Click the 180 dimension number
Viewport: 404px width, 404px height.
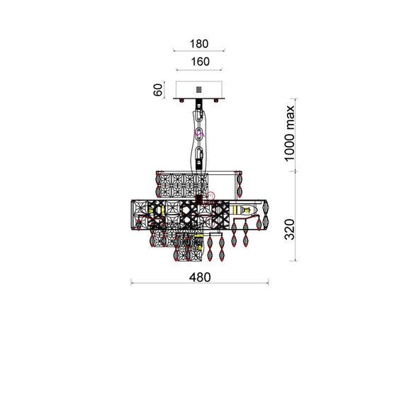pos(199,44)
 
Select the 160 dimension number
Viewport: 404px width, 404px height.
pos(200,62)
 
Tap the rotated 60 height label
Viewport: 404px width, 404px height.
pos(158,90)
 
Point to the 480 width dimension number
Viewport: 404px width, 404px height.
pos(200,277)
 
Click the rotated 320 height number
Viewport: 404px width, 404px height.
pos(289,230)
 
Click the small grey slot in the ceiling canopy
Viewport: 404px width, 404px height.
pos(198,90)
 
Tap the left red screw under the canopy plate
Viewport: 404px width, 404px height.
pos(181,101)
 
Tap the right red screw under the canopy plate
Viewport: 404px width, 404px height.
pos(216,101)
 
